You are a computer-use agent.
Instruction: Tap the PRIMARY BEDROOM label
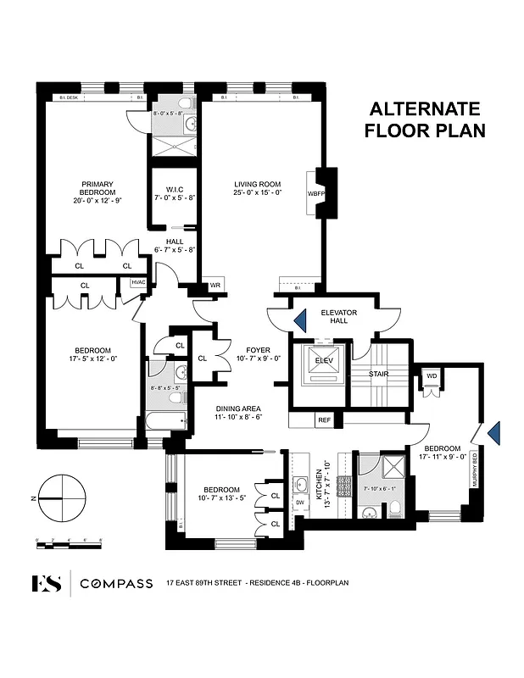(98, 187)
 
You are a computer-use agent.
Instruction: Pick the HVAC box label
(137, 283)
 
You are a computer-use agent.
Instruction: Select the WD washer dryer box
(432, 375)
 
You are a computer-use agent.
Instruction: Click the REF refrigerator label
(324, 419)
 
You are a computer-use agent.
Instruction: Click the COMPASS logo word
(116, 583)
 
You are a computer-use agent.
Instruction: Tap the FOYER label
(258, 350)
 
